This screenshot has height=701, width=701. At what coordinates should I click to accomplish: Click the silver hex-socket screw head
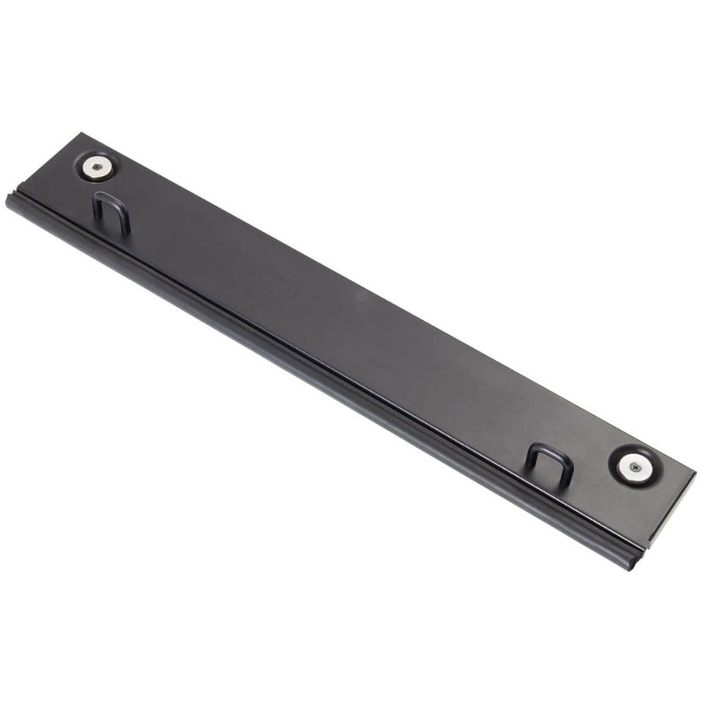97,165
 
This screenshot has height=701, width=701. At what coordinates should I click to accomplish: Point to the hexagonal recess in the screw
97,165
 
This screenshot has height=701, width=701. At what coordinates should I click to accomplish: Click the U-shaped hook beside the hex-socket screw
111,211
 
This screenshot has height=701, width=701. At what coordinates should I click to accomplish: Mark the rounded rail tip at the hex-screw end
11,200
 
